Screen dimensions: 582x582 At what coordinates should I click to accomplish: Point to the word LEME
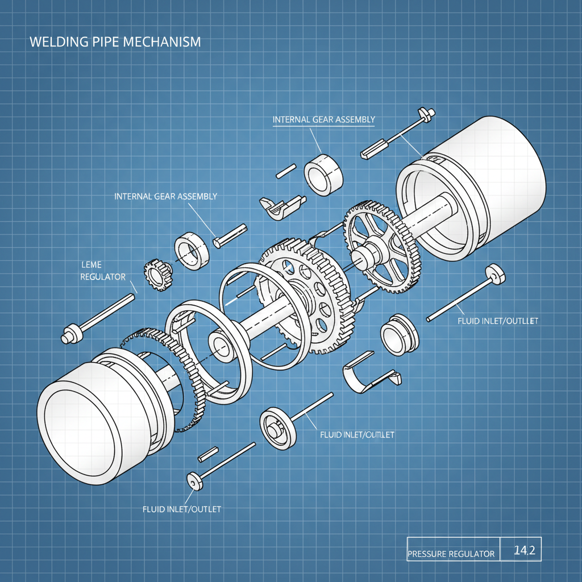90,265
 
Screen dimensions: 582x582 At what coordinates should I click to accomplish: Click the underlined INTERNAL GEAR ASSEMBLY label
323,119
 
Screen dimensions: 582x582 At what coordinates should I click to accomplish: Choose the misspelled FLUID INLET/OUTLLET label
497,321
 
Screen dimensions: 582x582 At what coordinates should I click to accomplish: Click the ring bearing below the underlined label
324,174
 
